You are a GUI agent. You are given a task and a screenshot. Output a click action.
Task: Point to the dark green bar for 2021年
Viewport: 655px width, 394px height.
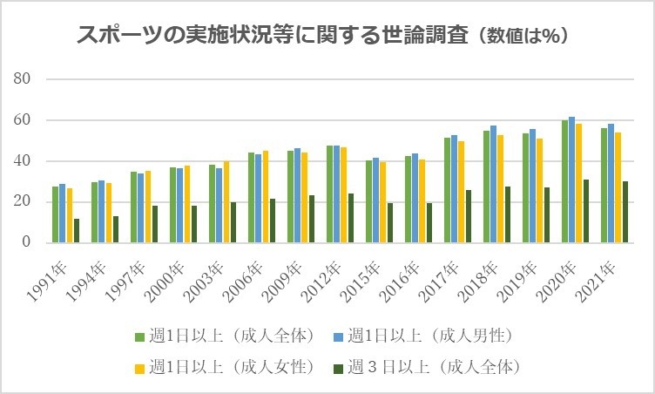pos(626,212)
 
